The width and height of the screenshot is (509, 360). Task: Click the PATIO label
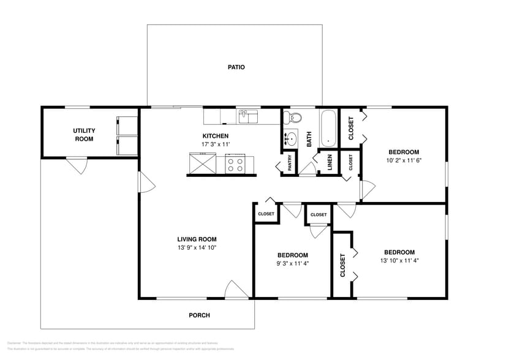coord(236,67)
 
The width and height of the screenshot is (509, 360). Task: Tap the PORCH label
coord(200,315)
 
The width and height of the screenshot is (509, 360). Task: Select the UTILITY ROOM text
coord(83,135)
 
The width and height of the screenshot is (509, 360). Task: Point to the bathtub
coord(329,128)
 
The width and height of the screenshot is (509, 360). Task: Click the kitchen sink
coord(248,114)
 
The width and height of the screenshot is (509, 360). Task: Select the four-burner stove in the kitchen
coord(235,163)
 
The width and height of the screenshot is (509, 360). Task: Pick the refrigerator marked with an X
coord(202,164)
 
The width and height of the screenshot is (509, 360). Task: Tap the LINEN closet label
coord(330,162)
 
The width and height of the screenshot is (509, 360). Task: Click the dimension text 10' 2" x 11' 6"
coord(404,161)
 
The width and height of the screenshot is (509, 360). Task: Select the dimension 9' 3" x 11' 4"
coord(292,264)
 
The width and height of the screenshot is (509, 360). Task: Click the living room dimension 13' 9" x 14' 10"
coord(197,248)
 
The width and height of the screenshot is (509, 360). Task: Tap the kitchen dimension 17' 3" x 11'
coord(216,144)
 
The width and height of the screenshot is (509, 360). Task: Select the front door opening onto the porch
coord(236,290)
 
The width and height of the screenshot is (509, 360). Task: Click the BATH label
coord(309,140)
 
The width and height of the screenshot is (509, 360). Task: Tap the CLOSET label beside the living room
coord(266,214)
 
